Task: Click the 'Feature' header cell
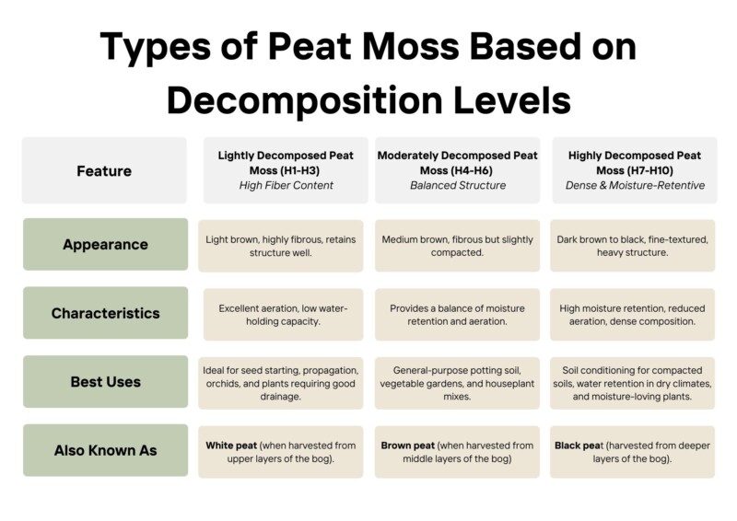pos(104,170)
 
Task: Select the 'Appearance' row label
pos(105,245)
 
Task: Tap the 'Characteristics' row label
pos(105,313)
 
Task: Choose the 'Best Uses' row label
pos(105,381)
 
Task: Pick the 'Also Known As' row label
pos(105,450)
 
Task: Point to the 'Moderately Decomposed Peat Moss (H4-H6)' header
pos(458,163)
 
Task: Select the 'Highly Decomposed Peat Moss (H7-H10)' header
pos(634,163)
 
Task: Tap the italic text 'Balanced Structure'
pos(458,186)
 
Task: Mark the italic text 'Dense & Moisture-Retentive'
pos(634,186)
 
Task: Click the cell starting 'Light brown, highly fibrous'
pos(281,246)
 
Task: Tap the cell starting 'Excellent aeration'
pos(281,314)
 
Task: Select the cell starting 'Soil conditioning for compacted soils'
pos(633,381)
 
